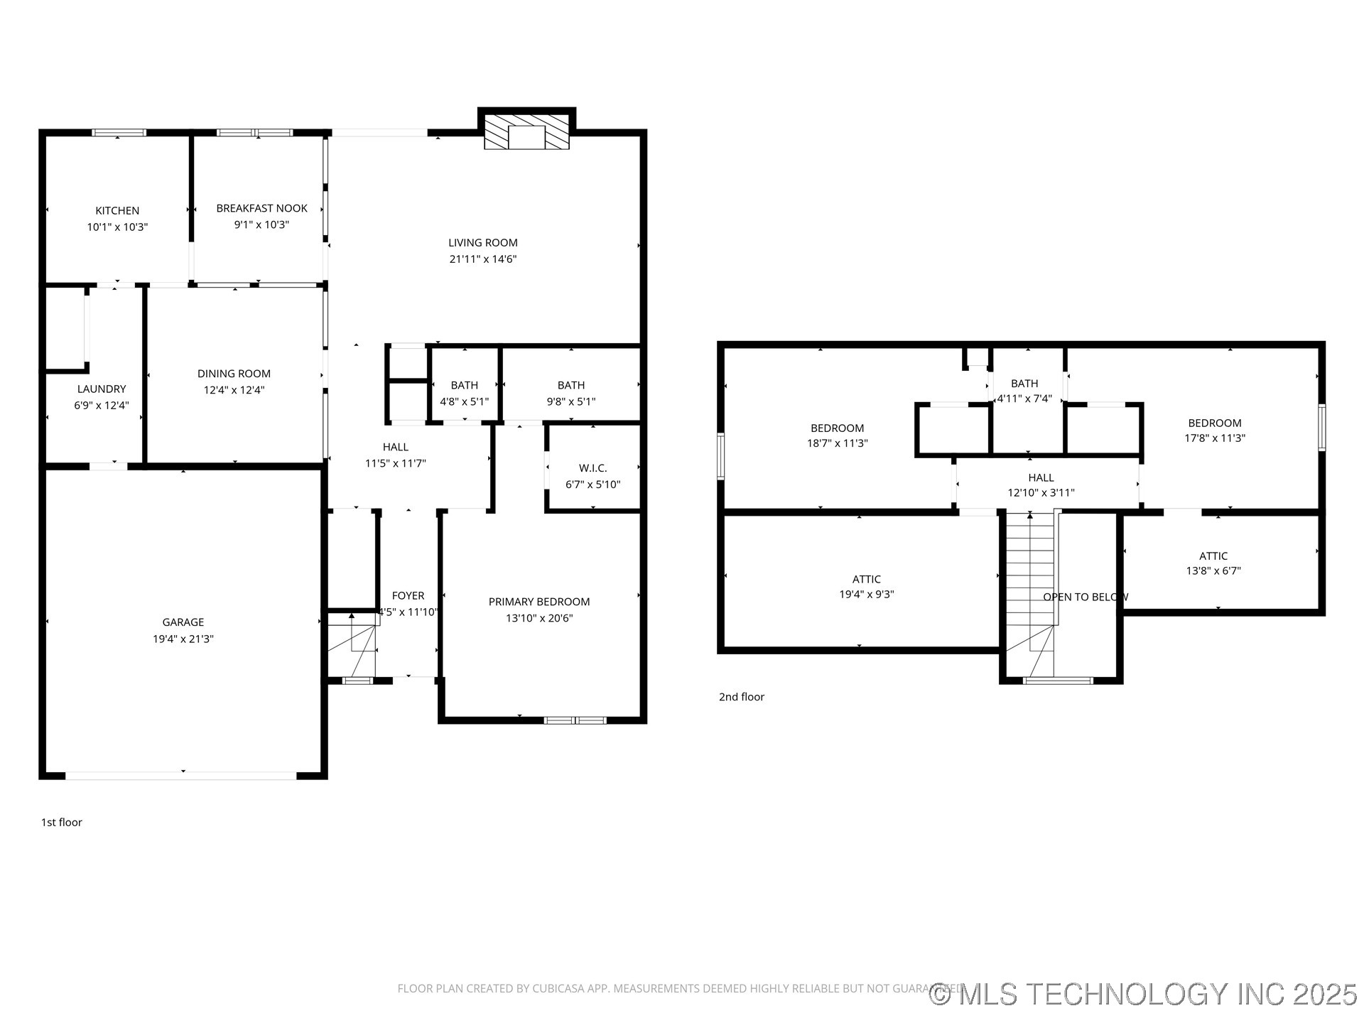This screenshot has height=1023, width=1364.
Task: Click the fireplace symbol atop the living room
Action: pos(526,132)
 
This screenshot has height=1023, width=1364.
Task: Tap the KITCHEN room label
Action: pos(117,211)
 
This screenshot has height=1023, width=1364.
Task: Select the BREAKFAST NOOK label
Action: pos(261,208)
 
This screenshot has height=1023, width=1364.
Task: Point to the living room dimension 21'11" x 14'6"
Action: pos(482,259)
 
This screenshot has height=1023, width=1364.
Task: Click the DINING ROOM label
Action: pos(234,374)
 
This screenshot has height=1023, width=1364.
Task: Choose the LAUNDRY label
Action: pos(102,389)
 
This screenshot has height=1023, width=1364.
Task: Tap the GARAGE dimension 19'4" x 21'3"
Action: pos(183,639)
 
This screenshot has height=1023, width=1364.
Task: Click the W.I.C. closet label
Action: pos(592,468)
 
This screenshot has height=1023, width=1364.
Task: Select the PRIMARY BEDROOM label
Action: pos(538,602)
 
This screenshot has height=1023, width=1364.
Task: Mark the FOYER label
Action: pos(408,596)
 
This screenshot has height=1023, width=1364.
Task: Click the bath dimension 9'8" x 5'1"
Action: pos(570,401)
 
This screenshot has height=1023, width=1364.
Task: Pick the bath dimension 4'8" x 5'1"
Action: pos(464,401)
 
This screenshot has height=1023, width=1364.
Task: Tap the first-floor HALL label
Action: pos(395,447)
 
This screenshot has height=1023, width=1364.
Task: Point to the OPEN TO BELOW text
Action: pos(1085,597)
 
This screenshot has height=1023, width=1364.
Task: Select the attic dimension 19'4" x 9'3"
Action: pos(866,595)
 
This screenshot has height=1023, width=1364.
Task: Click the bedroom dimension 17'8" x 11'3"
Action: pos(1214,438)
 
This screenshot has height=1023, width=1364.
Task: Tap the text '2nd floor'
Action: pos(741,697)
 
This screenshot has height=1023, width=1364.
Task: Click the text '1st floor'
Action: pos(61,823)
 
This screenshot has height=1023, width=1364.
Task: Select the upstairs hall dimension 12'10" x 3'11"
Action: pos(1041,493)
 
